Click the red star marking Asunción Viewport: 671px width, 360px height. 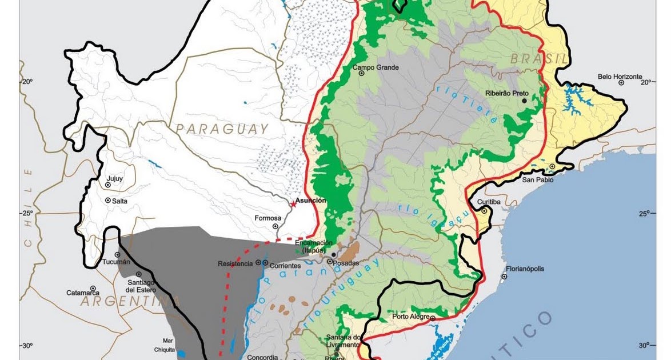click(293, 203)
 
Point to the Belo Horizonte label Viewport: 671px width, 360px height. click(620, 76)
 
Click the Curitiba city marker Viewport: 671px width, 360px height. click(484, 211)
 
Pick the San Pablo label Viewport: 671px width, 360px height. click(538, 180)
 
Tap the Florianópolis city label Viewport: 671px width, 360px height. click(525, 269)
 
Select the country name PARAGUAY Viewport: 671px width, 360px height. click(222, 129)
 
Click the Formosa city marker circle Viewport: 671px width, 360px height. click(275, 226)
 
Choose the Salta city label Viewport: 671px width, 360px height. click(119, 201)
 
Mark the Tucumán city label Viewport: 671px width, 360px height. click(116, 262)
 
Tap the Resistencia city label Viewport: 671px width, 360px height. click(235, 263)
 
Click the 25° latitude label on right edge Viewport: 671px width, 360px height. click(644, 214)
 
